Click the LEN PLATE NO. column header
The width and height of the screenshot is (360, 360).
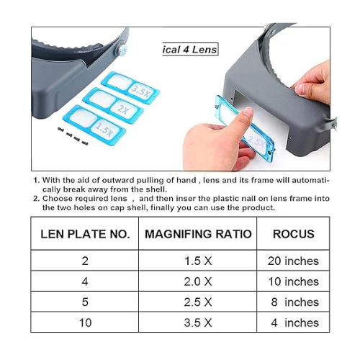click(x=85, y=234)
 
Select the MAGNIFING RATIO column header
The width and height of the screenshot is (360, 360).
click(x=197, y=234)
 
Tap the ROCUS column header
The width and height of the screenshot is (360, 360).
click(x=292, y=234)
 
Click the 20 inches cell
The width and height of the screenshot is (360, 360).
click(x=292, y=261)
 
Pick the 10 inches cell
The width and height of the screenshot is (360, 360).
click(x=292, y=282)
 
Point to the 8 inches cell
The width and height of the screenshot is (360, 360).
click(x=292, y=302)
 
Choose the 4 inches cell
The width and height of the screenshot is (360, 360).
click(x=292, y=323)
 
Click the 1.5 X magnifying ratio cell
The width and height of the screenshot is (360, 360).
click(x=197, y=261)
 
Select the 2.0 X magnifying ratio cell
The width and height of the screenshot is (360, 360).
click(x=197, y=282)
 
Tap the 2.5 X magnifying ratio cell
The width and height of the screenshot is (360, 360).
click(x=197, y=302)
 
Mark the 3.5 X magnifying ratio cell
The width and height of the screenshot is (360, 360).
click(x=197, y=323)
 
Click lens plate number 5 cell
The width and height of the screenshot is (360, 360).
click(x=85, y=302)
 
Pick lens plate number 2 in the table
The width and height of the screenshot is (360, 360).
click(x=85, y=261)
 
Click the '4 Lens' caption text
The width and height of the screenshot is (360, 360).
click(x=189, y=50)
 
